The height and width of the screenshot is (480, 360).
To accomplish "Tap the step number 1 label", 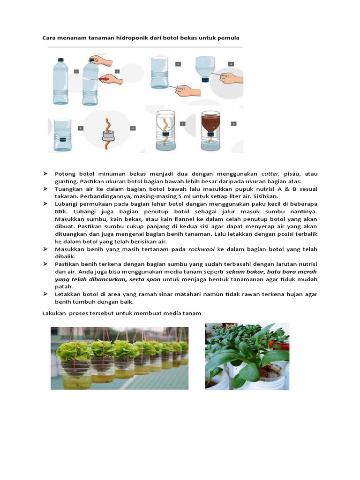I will (76, 71).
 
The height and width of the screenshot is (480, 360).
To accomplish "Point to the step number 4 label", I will (231, 63).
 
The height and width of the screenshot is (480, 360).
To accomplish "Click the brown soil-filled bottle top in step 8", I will (210, 123).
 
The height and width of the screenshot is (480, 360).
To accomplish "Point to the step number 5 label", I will (80, 127).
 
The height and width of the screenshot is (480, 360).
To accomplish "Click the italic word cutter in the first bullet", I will (270, 174).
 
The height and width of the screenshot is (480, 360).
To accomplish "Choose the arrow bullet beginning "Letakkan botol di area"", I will (45, 294).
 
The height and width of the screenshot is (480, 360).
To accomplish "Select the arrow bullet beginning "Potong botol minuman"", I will (45, 174).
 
